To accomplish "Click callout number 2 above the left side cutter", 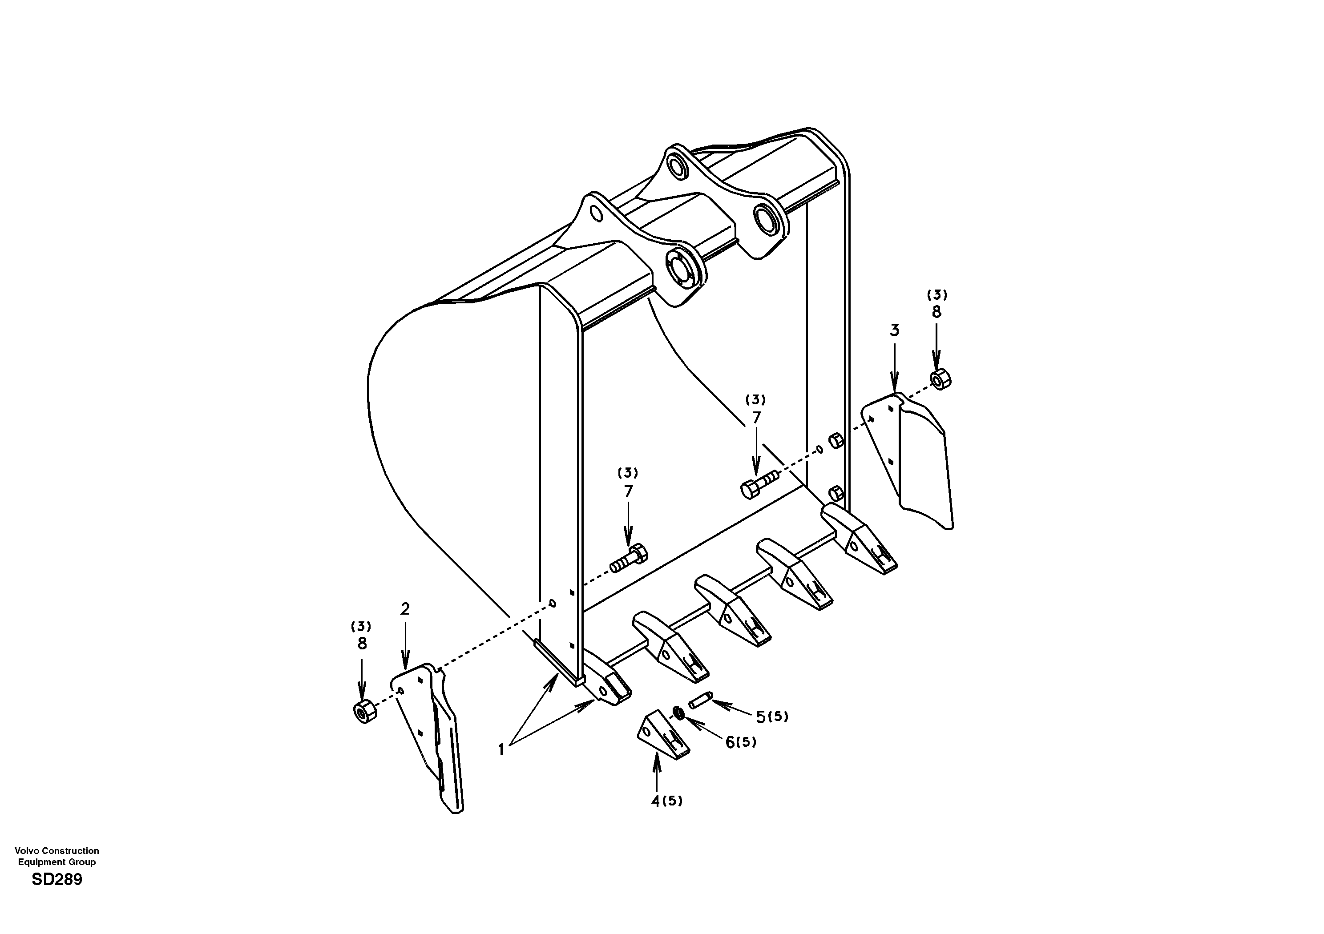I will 405,609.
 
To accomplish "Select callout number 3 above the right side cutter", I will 894,331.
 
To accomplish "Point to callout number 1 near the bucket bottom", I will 501,749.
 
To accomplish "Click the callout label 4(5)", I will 666,801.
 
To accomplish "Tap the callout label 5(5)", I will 771,717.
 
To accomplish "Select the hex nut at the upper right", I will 941,379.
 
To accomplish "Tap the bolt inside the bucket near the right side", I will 757,484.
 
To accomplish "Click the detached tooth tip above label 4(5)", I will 663,733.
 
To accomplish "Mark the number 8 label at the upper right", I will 936,312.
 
